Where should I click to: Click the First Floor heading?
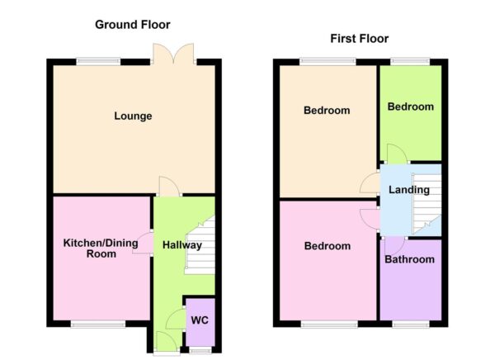click(x=359, y=39)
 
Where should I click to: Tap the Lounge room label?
click(x=133, y=116)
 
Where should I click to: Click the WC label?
click(x=199, y=319)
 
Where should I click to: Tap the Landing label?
click(x=409, y=190)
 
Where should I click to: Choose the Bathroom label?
click(x=410, y=259)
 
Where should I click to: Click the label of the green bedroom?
click(x=410, y=107)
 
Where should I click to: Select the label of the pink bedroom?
click(x=328, y=246)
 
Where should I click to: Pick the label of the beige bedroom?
click(x=327, y=111)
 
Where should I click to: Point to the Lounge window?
click(x=98, y=60)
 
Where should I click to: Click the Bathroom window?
click(x=410, y=324)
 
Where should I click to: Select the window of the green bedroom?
click(x=410, y=60)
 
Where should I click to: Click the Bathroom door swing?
click(x=394, y=243)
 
